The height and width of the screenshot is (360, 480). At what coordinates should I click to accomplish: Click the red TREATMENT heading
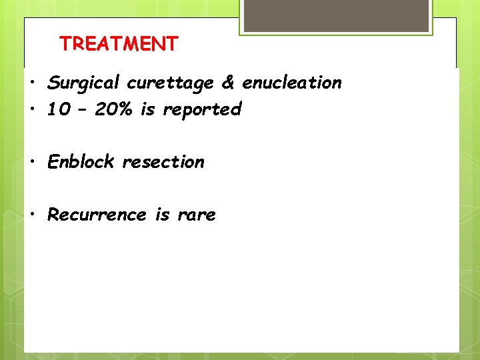click(119, 44)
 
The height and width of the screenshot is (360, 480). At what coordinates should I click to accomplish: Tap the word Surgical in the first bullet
click(84, 83)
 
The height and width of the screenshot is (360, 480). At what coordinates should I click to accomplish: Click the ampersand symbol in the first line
click(227, 83)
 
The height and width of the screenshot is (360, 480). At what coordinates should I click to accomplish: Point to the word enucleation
click(291, 83)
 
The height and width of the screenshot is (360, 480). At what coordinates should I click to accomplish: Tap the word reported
click(200, 110)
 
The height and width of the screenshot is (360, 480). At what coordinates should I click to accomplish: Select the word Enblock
click(81, 162)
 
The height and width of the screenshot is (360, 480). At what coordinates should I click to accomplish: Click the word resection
click(163, 162)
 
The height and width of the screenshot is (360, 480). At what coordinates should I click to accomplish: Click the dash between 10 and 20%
click(85, 110)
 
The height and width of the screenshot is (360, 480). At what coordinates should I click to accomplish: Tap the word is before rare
click(162, 215)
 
